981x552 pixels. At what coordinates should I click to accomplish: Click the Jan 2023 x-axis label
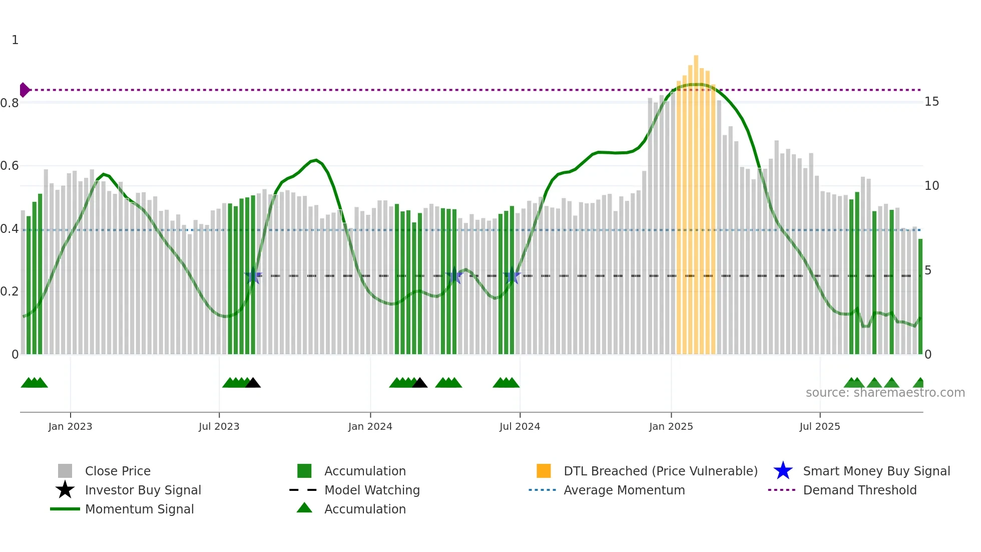[x=70, y=427]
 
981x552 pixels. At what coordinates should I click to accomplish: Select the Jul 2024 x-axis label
[x=520, y=427]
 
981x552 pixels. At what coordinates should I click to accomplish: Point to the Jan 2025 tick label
[x=671, y=427]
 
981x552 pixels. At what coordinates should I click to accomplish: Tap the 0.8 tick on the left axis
[x=10, y=103]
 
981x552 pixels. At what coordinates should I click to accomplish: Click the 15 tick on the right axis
[x=931, y=102]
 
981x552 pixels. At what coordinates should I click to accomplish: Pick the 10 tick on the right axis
[x=931, y=186]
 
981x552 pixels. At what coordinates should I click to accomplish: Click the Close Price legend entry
[x=118, y=471]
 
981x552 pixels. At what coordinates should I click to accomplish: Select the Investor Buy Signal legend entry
[x=143, y=490]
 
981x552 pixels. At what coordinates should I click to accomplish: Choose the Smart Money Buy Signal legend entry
[x=876, y=471]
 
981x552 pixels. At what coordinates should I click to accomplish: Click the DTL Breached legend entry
[x=660, y=471]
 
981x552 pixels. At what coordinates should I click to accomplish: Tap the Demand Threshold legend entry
[x=859, y=490]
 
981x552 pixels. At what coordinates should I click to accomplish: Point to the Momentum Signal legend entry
[x=139, y=509]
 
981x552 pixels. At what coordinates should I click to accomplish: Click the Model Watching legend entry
[x=372, y=490]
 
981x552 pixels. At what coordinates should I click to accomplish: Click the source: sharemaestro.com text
[x=885, y=393]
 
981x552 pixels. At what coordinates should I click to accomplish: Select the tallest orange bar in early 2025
[x=696, y=200]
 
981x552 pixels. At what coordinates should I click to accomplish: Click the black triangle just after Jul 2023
[x=253, y=383]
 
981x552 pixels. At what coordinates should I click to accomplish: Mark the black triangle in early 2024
[x=419, y=383]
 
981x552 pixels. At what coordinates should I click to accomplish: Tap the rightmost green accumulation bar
[x=920, y=296]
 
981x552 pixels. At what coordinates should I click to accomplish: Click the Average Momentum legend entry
[x=624, y=490]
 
